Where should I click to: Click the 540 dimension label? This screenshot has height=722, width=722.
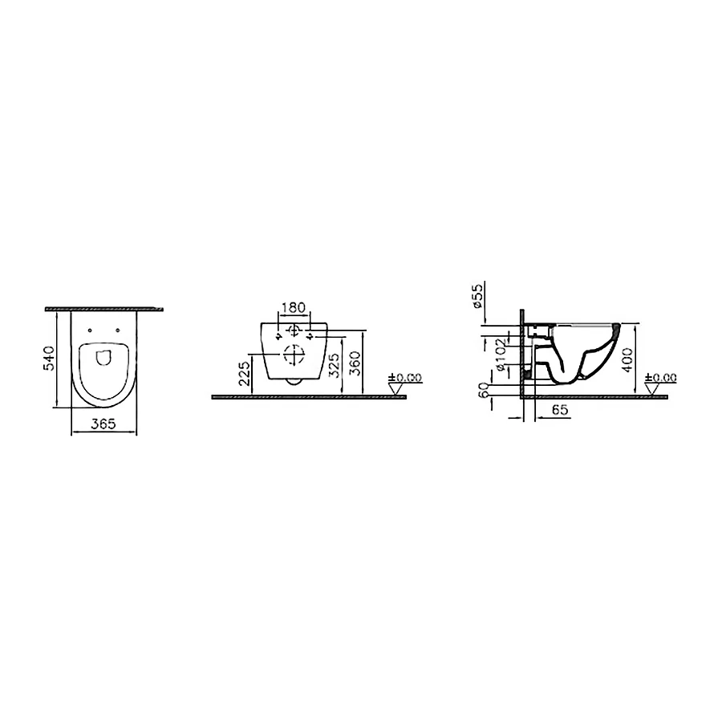49,359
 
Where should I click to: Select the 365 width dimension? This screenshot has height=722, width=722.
103,425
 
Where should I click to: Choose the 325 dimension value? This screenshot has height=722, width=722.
333,365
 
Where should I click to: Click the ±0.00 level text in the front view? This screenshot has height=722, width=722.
405,377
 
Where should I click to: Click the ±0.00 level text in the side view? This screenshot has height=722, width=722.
663,377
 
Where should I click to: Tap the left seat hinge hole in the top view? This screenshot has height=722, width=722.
90,327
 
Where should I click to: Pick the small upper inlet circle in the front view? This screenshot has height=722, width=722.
294,330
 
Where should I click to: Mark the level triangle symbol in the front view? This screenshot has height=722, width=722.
395,388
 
